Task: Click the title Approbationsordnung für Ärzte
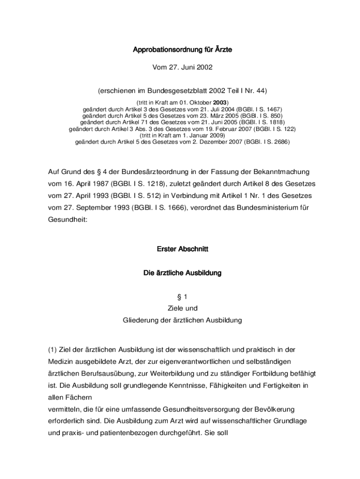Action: click(x=182, y=49)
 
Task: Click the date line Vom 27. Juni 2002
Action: click(x=182, y=68)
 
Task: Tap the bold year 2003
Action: click(x=220, y=102)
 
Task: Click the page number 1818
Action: click(x=274, y=122)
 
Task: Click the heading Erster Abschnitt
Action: click(x=182, y=249)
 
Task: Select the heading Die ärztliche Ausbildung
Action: click(x=182, y=273)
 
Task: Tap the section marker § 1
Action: click(x=182, y=297)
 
